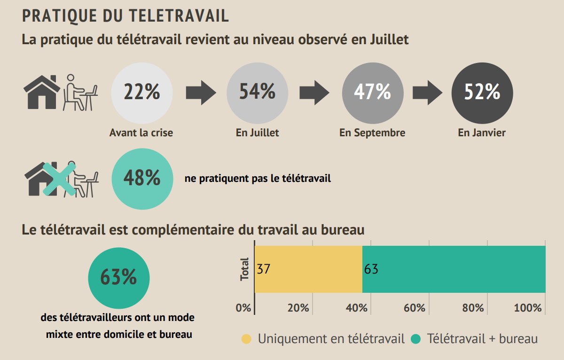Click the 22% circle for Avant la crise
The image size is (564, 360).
(x=141, y=92)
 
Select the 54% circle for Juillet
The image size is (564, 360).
(x=257, y=92)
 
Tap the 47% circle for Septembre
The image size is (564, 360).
(x=372, y=92)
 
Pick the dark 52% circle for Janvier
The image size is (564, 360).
(x=482, y=92)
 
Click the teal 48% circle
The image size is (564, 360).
(x=142, y=179)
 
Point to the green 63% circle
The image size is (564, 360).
(x=119, y=278)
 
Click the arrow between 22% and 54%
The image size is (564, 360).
(x=200, y=92)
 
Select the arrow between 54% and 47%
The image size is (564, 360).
(x=314, y=92)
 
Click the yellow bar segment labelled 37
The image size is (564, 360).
(x=308, y=269)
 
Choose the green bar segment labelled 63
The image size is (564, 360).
(x=454, y=269)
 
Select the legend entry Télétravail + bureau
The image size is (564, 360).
(x=475, y=339)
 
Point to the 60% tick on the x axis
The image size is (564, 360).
(x=414, y=308)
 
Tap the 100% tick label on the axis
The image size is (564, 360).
(x=528, y=308)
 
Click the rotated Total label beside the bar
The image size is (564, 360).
(x=245, y=269)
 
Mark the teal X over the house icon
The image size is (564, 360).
(x=59, y=179)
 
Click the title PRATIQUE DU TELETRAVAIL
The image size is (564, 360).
(x=125, y=16)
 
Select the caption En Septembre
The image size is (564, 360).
(x=372, y=133)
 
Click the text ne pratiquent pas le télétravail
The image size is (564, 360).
(x=258, y=179)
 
